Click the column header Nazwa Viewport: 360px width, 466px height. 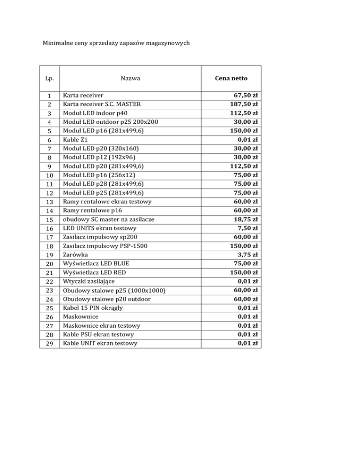coord(133,78)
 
